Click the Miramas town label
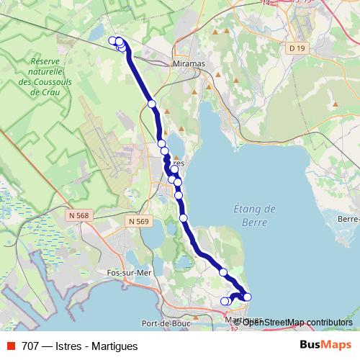coord(190,63)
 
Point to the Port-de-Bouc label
coord(165,323)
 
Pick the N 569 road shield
coord(138,222)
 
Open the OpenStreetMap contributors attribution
coord(297,322)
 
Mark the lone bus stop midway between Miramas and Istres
coord(152,104)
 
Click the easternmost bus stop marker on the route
coord(248,297)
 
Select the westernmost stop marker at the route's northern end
coord(112,40)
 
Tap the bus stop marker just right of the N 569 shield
coord(184,217)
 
